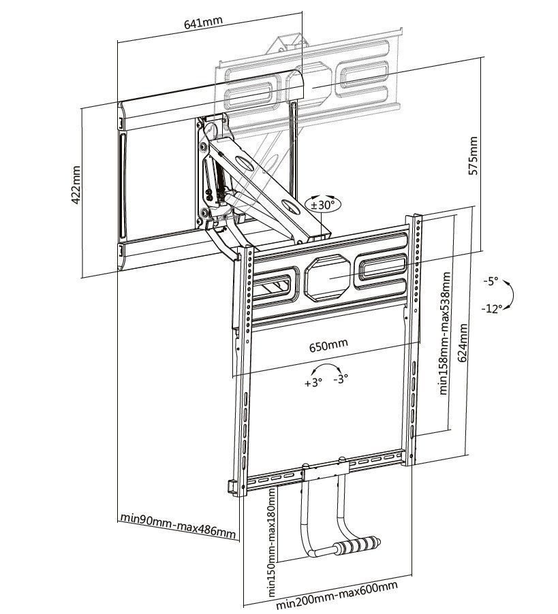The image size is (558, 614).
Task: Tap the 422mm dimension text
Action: (x=76, y=184)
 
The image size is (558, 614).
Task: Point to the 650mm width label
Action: (x=328, y=344)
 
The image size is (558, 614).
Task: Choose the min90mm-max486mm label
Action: (x=179, y=525)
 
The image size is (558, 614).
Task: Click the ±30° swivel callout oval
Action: (x=323, y=204)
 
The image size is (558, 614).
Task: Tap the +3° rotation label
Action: (x=313, y=383)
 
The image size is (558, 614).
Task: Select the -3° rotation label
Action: (x=341, y=378)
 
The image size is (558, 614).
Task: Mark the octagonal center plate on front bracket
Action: (x=330, y=276)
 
